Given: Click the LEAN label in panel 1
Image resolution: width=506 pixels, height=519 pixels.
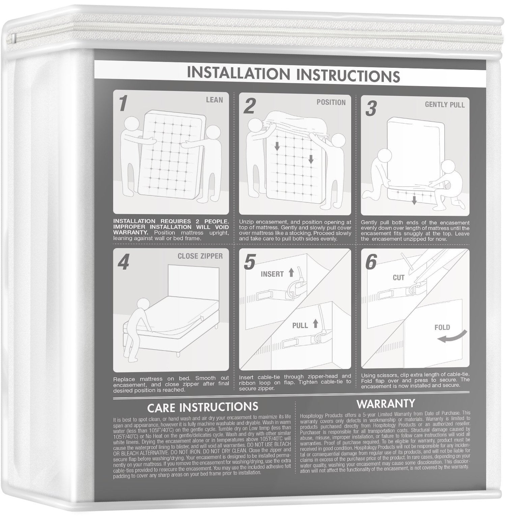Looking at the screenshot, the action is [214, 99].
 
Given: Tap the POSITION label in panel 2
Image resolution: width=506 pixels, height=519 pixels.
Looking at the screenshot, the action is [331, 102].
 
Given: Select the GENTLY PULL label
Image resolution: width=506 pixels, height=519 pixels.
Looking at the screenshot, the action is [445, 105].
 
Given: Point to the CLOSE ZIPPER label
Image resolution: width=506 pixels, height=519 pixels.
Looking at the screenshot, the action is [200, 256].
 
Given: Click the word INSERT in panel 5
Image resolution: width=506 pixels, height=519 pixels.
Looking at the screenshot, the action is [272, 274].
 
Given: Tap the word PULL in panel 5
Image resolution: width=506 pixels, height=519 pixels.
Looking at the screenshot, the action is [300, 325].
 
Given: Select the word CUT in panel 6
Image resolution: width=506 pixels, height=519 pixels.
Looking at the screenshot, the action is [398, 278].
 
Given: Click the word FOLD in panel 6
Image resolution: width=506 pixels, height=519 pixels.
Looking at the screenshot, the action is [442, 327].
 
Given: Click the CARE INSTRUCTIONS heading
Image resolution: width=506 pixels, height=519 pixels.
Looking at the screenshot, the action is [203, 407].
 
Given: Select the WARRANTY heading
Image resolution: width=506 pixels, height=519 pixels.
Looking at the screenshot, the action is [386, 403].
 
